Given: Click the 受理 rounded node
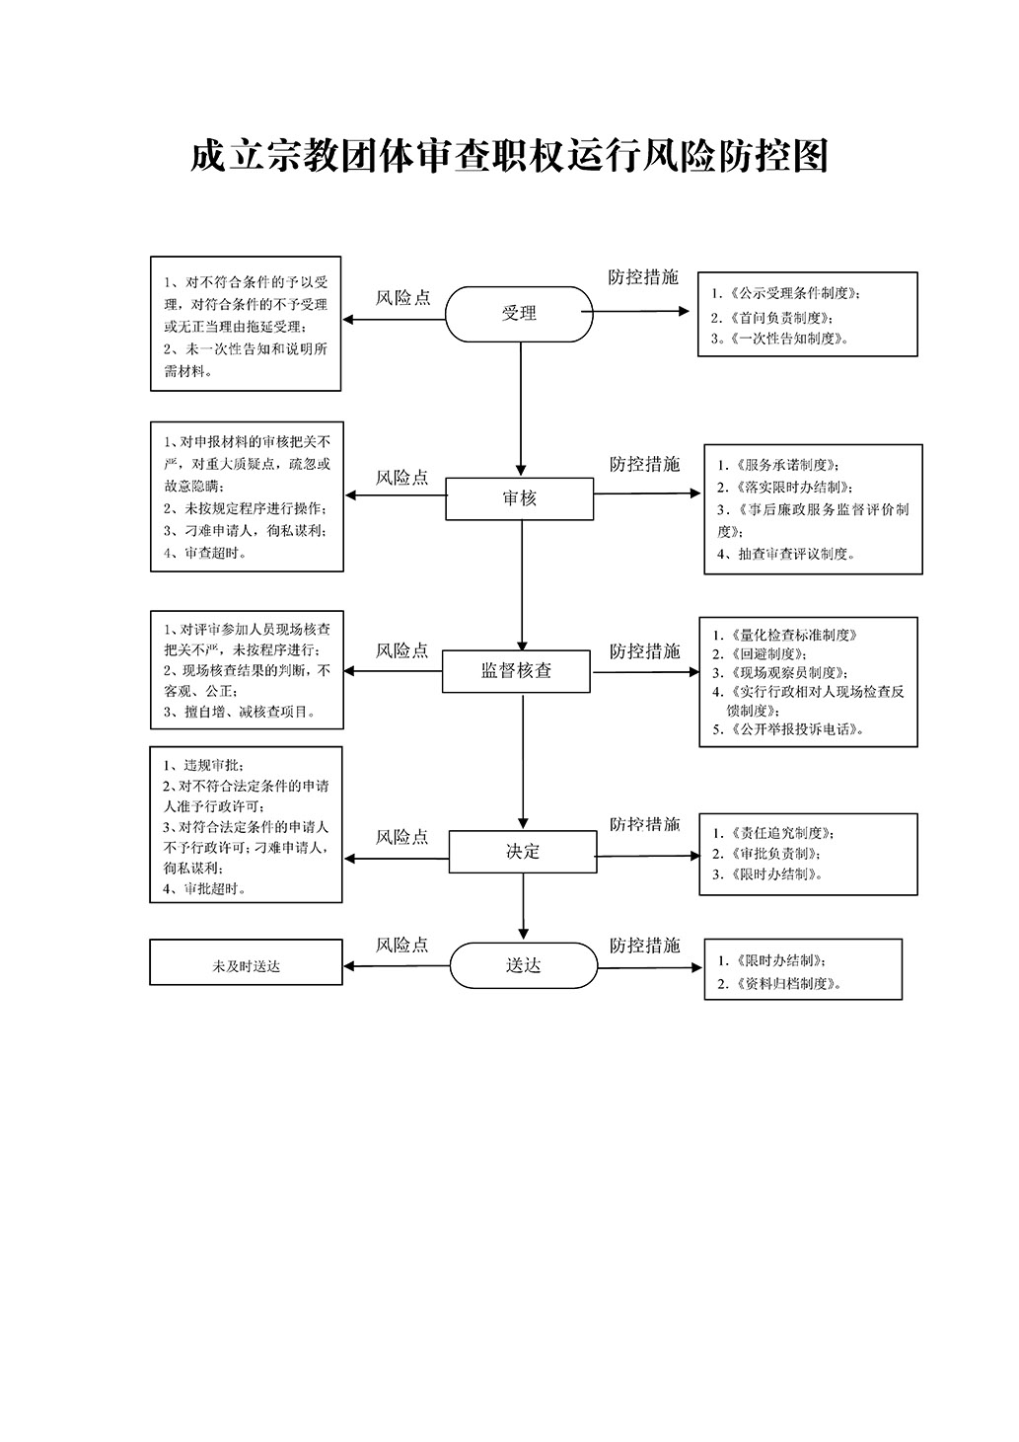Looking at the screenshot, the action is click(x=519, y=314).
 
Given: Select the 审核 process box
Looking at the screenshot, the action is click(x=519, y=498).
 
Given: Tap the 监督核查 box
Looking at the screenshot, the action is click(x=516, y=671).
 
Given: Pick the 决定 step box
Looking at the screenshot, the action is click(x=523, y=851).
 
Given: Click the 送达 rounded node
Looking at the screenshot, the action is click(x=524, y=965).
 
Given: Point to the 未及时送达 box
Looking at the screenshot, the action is click(x=246, y=961).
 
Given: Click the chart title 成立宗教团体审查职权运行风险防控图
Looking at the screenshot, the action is click(x=509, y=156).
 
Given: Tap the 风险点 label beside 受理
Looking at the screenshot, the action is click(x=402, y=297).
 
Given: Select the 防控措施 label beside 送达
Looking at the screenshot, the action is click(x=644, y=945).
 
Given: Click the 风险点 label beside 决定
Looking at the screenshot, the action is click(x=402, y=837).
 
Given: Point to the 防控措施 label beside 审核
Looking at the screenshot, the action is click(x=644, y=464).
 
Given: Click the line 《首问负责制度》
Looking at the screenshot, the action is click(x=772, y=317).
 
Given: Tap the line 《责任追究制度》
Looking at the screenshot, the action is click(x=773, y=833).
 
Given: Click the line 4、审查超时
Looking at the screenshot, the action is click(x=205, y=553).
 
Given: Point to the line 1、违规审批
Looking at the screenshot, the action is click(x=203, y=765).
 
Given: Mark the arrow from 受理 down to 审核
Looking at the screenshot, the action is click(x=521, y=410).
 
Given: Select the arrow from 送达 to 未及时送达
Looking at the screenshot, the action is click(x=397, y=965).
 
